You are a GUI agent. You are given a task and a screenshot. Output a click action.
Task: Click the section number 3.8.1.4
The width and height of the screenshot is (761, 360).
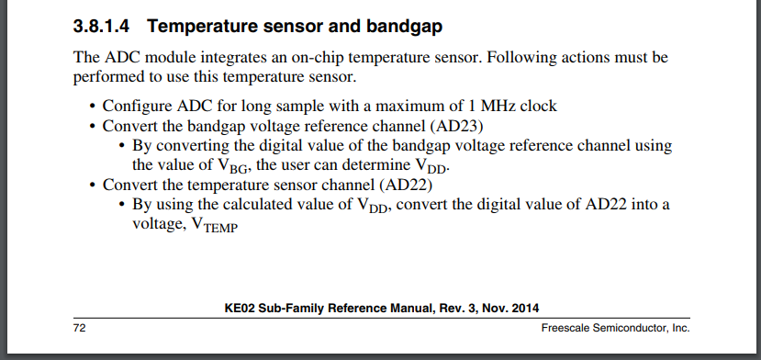(x=101, y=27)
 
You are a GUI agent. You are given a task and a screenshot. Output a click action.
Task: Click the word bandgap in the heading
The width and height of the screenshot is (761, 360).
(x=404, y=28)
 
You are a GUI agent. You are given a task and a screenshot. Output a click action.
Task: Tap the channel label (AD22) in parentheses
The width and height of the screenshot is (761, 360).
(x=406, y=186)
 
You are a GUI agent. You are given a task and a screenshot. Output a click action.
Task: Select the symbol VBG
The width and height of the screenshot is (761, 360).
(x=230, y=166)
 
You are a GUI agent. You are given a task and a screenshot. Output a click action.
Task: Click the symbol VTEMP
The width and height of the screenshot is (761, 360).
(x=215, y=225)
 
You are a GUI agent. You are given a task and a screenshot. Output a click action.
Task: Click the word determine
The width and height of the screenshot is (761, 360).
(x=371, y=165)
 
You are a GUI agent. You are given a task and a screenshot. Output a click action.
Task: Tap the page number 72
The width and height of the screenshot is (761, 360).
(x=79, y=329)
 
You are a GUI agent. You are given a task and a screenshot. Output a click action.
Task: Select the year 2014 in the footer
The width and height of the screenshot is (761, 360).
(x=526, y=309)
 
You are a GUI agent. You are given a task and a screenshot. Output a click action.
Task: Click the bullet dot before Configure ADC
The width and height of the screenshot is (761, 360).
(x=94, y=107)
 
